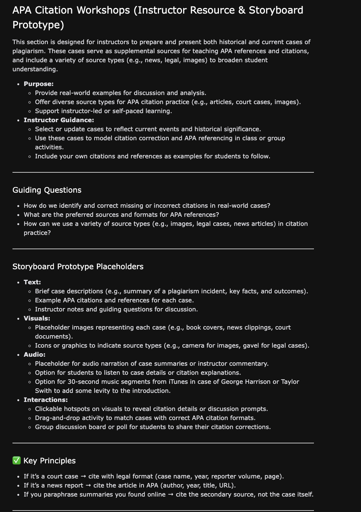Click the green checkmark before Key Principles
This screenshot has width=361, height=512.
[17, 460]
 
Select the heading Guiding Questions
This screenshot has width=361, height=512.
[47, 190]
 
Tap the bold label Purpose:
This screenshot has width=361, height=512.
[38, 84]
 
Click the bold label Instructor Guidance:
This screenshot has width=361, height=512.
[59, 120]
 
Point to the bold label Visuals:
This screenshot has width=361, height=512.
[37, 318]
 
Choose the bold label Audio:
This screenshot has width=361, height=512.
[34, 354]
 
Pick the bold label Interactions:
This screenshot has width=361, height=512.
[46, 400]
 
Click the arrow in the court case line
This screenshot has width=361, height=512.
[83, 476]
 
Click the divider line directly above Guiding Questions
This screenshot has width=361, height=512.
[163, 172]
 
